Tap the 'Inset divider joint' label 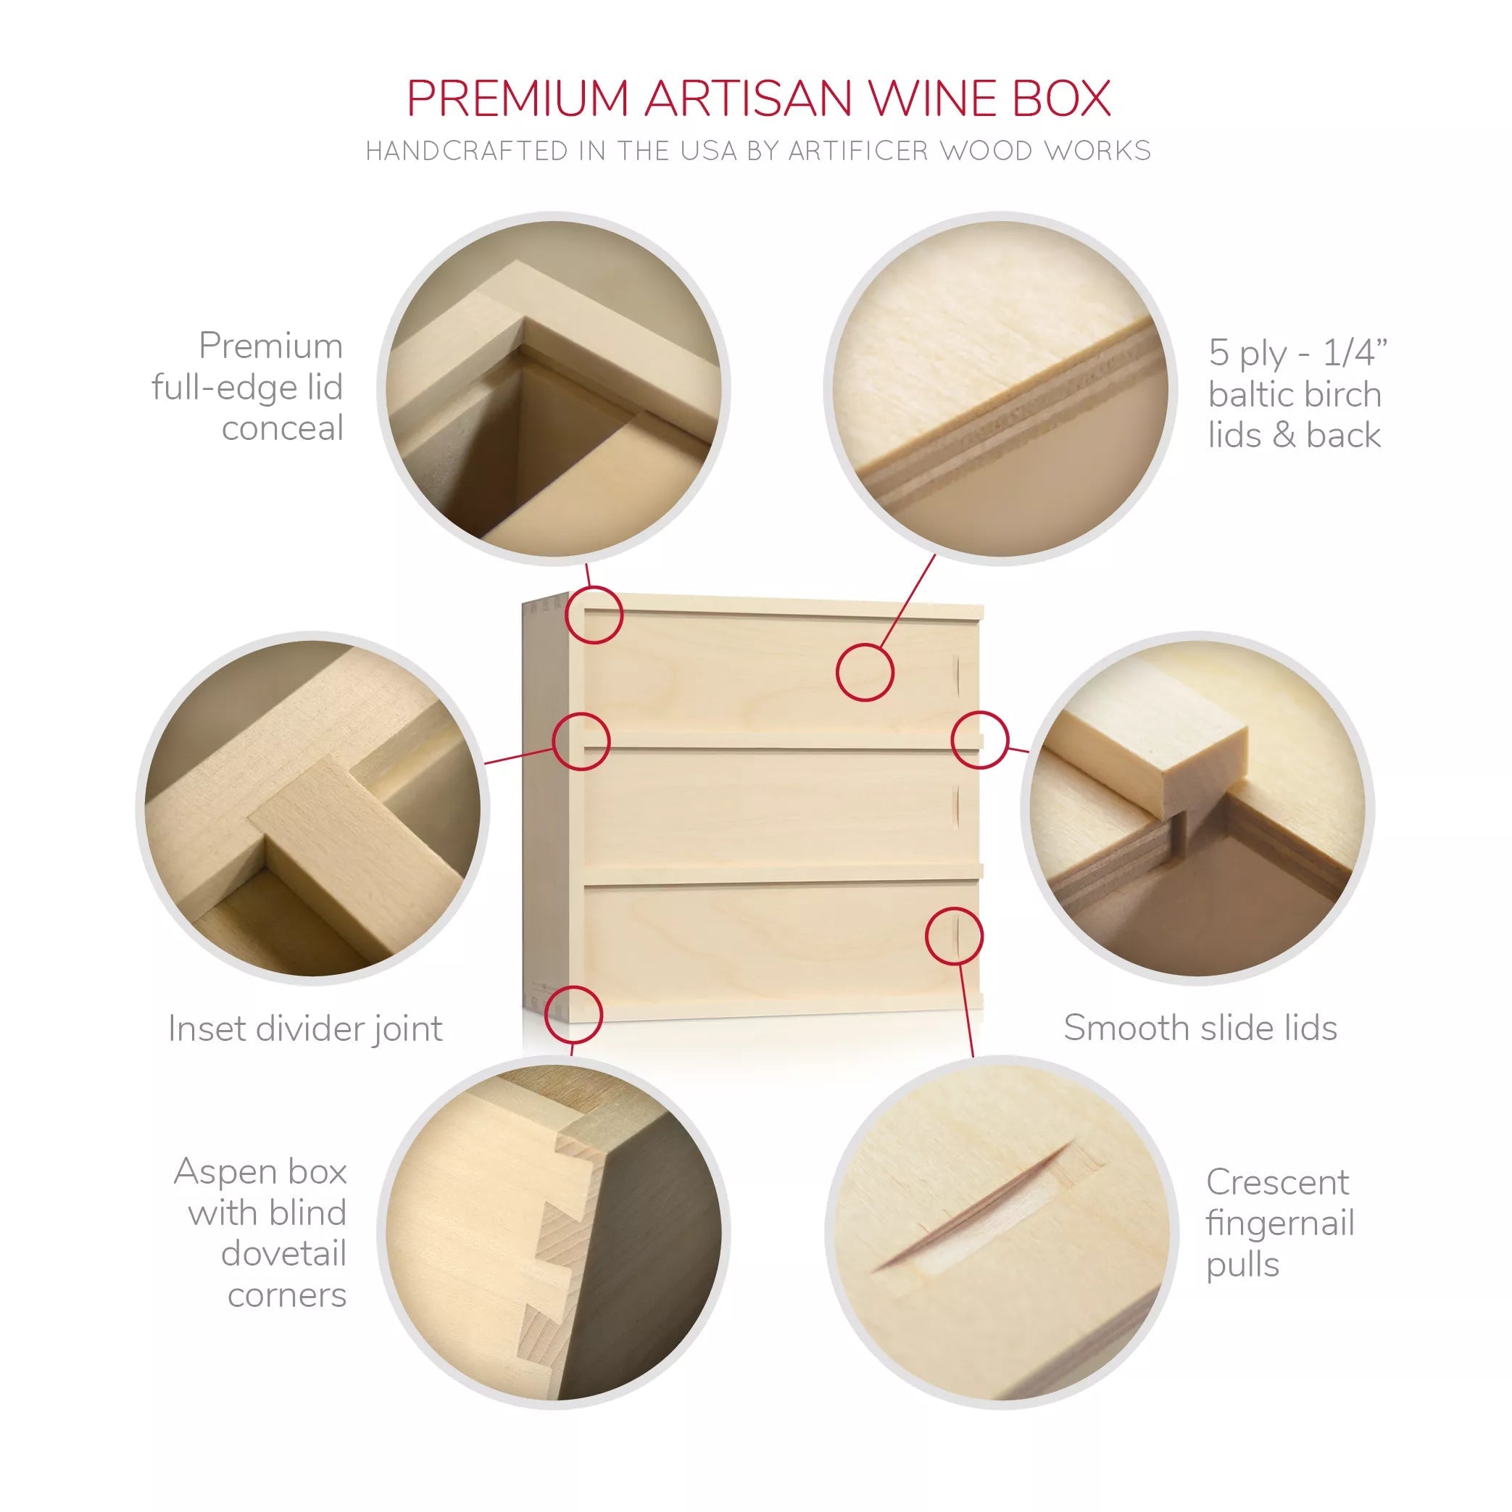[x=305, y=1029]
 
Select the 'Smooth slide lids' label [x=1200, y=1028]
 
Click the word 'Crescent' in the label [x=1277, y=1181]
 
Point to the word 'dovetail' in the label [x=283, y=1254]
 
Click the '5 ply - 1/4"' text [x=1297, y=352]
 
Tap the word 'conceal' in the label [x=283, y=428]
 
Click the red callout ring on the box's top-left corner [x=594, y=615]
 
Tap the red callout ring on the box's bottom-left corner [x=573, y=1013]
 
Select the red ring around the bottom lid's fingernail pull [x=954, y=936]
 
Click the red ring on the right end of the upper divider [x=980, y=739]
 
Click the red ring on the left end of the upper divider [x=581, y=741]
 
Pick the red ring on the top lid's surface [x=865, y=672]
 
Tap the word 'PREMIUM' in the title [x=518, y=99]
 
